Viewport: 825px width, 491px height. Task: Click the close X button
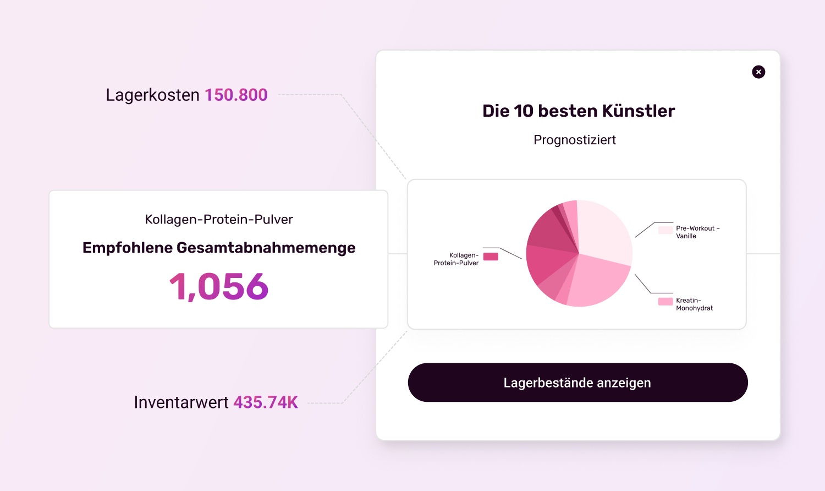[x=758, y=72]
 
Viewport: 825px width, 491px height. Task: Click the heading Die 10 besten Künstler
[x=579, y=111]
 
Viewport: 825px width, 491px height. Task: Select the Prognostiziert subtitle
[x=575, y=140]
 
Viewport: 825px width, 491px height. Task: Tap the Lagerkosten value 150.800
[x=236, y=95]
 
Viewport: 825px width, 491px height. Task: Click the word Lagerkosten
[x=152, y=95]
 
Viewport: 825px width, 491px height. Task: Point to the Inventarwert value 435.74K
[x=266, y=402]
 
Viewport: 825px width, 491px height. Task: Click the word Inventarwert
[x=181, y=402]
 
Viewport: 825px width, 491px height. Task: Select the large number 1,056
[x=219, y=287]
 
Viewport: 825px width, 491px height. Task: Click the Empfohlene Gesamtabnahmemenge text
[x=219, y=248]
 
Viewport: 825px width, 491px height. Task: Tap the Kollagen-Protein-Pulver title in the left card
[x=219, y=220]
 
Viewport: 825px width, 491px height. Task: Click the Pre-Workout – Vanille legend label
[x=697, y=232]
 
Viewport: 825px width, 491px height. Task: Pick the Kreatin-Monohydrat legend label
[x=694, y=304]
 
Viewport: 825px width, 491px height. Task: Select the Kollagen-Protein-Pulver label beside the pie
[x=456, y=259]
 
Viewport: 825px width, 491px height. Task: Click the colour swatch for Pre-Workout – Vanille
[x=665, y=230]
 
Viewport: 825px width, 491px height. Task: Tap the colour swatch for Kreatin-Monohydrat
[x=665, y=302]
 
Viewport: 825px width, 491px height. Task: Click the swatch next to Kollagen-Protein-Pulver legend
[x=491, y=257]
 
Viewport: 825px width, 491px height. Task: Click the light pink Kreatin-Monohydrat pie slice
[x=597, y=281]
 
